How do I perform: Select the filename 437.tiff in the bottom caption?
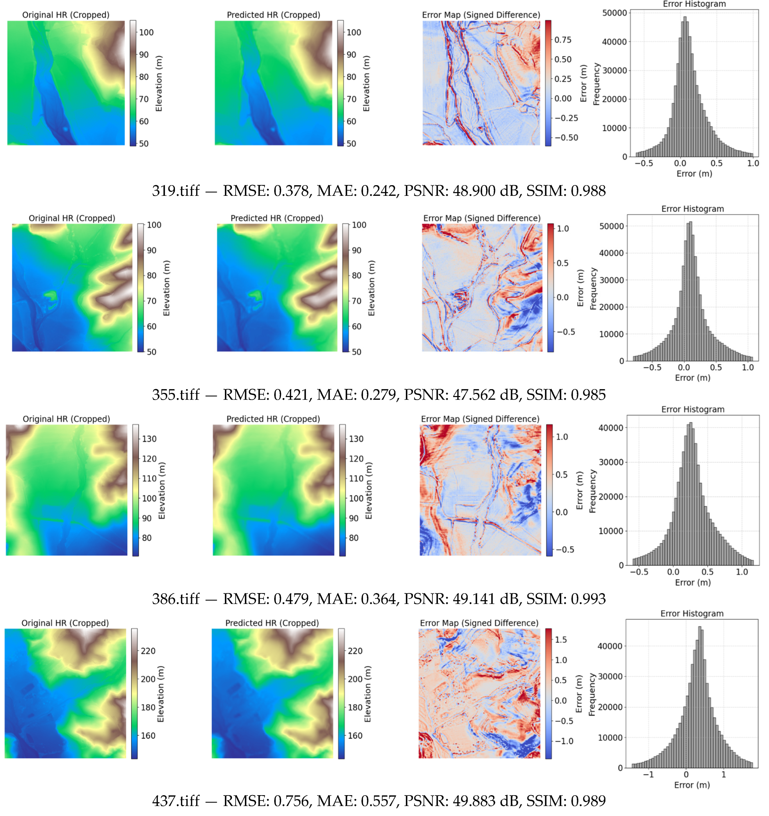point(176,800)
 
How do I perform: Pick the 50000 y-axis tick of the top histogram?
point(614,13)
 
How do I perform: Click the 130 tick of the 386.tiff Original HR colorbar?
point(149,439)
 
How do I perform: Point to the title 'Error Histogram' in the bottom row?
point(692,614)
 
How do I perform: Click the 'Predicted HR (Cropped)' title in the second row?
point(276,218)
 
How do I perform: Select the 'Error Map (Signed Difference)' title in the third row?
point(480,419)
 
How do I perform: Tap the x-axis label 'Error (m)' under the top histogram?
point(694,174)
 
